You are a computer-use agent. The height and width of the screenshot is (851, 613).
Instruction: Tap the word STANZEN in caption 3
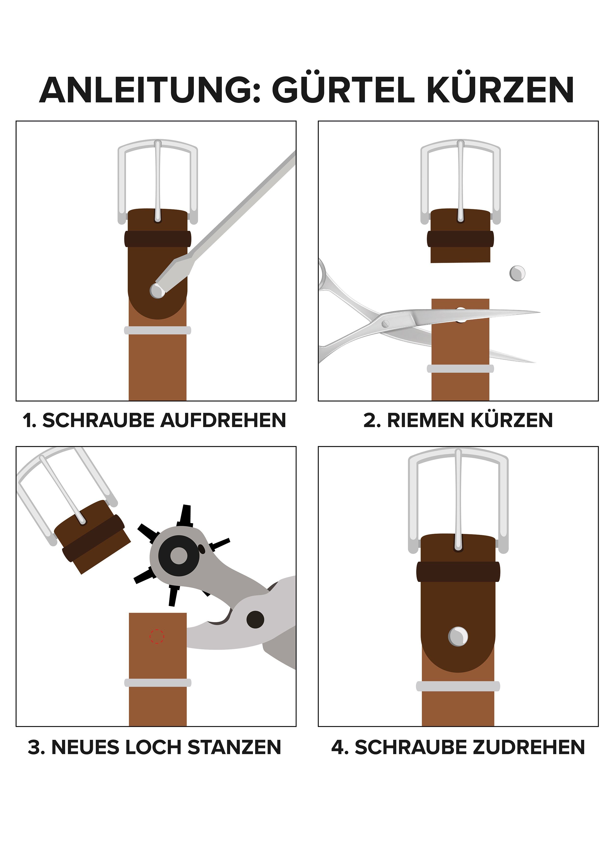234,747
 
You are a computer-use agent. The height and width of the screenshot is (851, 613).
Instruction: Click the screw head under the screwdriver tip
157,290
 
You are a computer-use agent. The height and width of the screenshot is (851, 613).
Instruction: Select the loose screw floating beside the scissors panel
517,273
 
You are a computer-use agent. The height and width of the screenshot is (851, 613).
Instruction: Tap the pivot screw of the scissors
385,323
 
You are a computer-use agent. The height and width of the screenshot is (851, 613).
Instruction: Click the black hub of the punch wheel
179,555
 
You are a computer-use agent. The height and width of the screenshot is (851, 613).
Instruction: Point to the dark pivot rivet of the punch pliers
255,619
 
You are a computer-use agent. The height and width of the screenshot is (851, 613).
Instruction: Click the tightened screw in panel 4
458,637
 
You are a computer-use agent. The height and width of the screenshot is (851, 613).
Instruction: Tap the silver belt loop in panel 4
458,687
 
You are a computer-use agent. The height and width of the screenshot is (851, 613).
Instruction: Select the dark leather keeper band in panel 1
158,239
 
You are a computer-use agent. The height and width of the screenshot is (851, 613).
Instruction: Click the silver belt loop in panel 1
158,330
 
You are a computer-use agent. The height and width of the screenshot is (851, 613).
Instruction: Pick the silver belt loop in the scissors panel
460,369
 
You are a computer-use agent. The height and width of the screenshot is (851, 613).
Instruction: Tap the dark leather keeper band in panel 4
458,572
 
